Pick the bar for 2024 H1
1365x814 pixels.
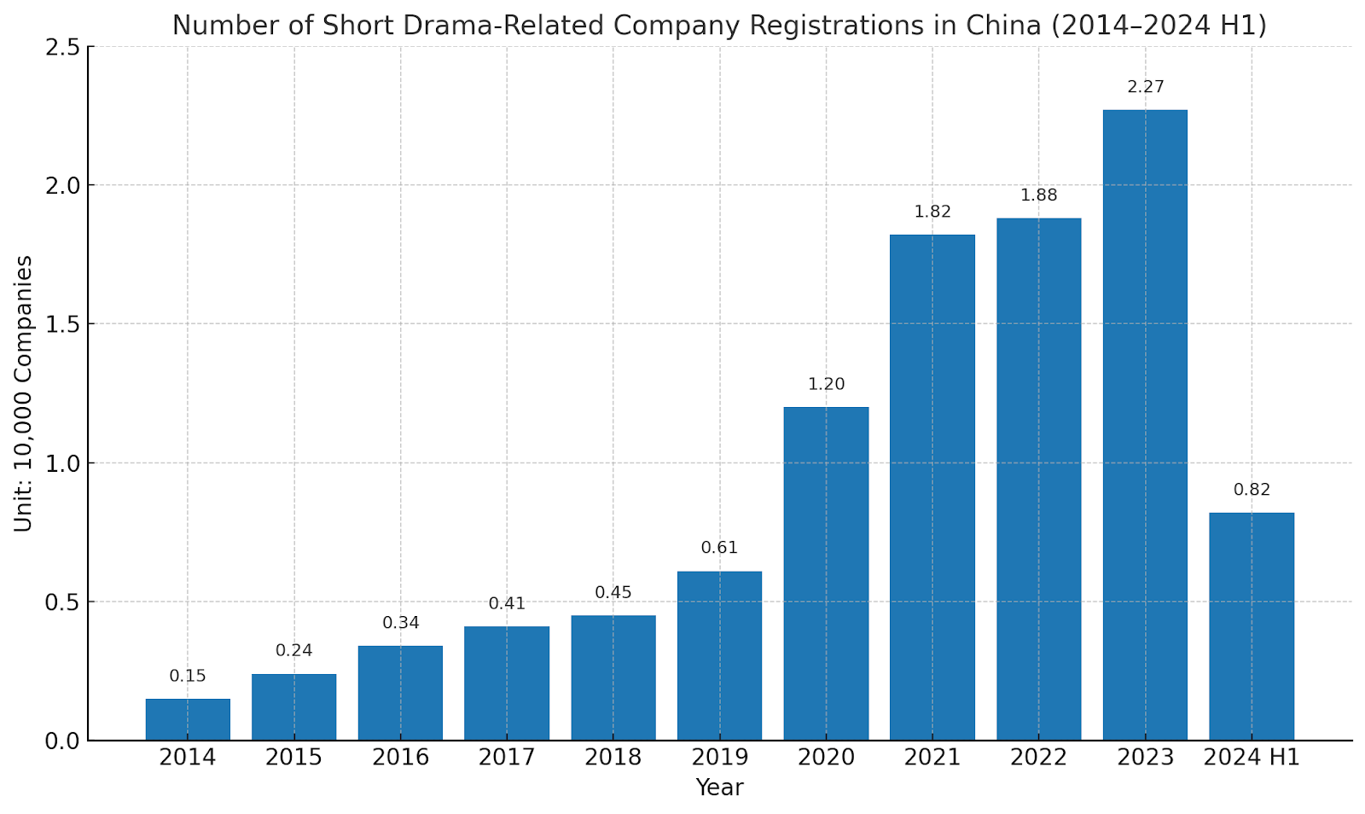click(1252, 626)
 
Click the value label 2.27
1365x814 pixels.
click(1145, 87)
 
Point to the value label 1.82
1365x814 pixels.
click(932, 212)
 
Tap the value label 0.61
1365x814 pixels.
click(719, 548)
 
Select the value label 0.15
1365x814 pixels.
click(188, 676)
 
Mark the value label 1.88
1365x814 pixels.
click(1038, 195)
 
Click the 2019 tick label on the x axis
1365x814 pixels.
click(719, 757)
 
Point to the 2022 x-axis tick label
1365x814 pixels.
click(1038, 757)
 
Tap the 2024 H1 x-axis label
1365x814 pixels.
click(1252, 757)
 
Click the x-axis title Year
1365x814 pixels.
click(719, 788)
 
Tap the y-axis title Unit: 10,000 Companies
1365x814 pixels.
click(23, 393)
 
